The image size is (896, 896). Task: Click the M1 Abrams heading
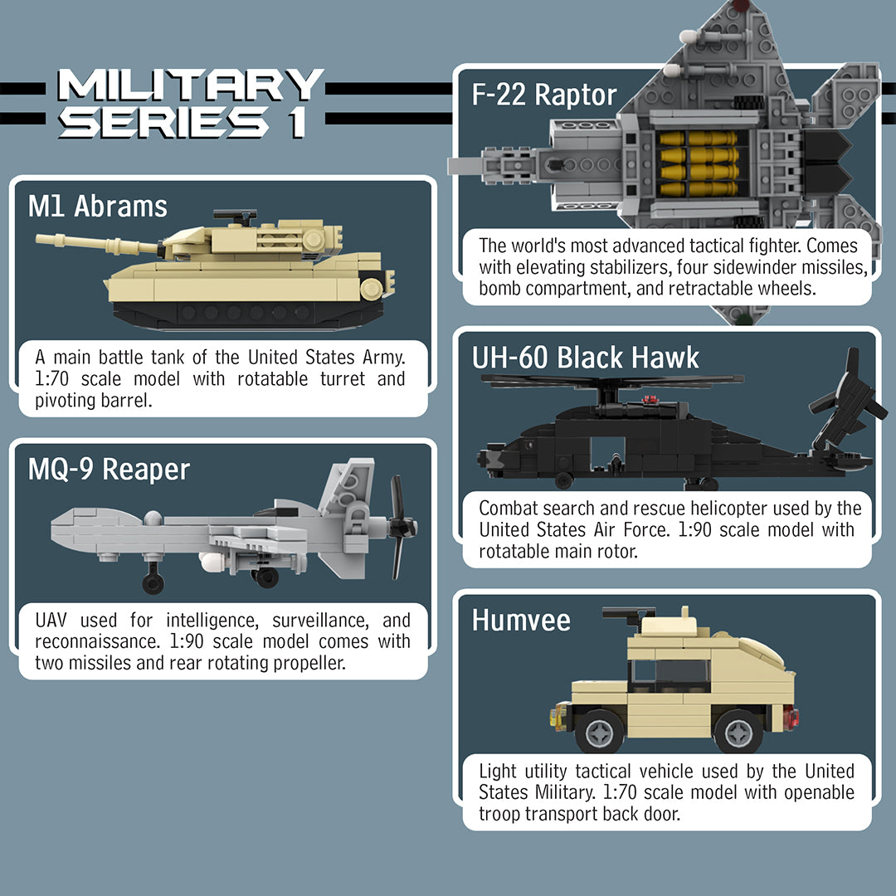pos(98,206)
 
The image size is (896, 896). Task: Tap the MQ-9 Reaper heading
pos(109,470)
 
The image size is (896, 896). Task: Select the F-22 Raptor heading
pos(544,95)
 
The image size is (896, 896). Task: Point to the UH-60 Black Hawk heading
pos(586,358)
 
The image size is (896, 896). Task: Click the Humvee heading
pos(521,620)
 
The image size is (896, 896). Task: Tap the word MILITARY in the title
pos(190,85)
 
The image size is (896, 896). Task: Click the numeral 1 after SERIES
pos(295,123)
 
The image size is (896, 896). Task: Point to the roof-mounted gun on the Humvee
pos(629,615)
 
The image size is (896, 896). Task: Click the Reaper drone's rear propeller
pos(400,527)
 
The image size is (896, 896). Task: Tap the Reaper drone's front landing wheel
pos(153,582)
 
